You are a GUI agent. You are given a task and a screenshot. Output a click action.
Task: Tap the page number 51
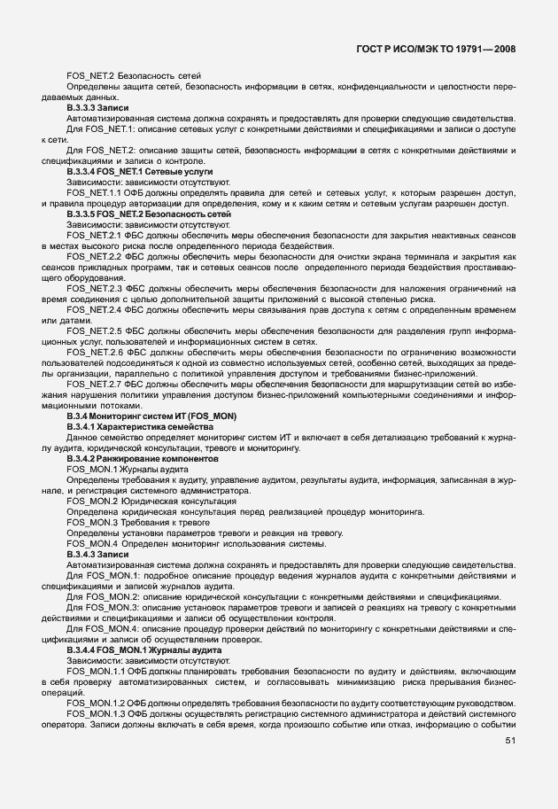pyautogui.click(x=510, y=741)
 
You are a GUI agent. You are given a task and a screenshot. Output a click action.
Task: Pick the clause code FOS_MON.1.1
pyautogui.click(x=97, y=671)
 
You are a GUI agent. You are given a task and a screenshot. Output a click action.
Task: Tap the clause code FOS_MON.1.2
pyautogui.click(x=97, y=702)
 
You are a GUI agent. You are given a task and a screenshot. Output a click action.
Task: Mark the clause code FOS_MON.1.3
pyautogui.click(x=97, y=713)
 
